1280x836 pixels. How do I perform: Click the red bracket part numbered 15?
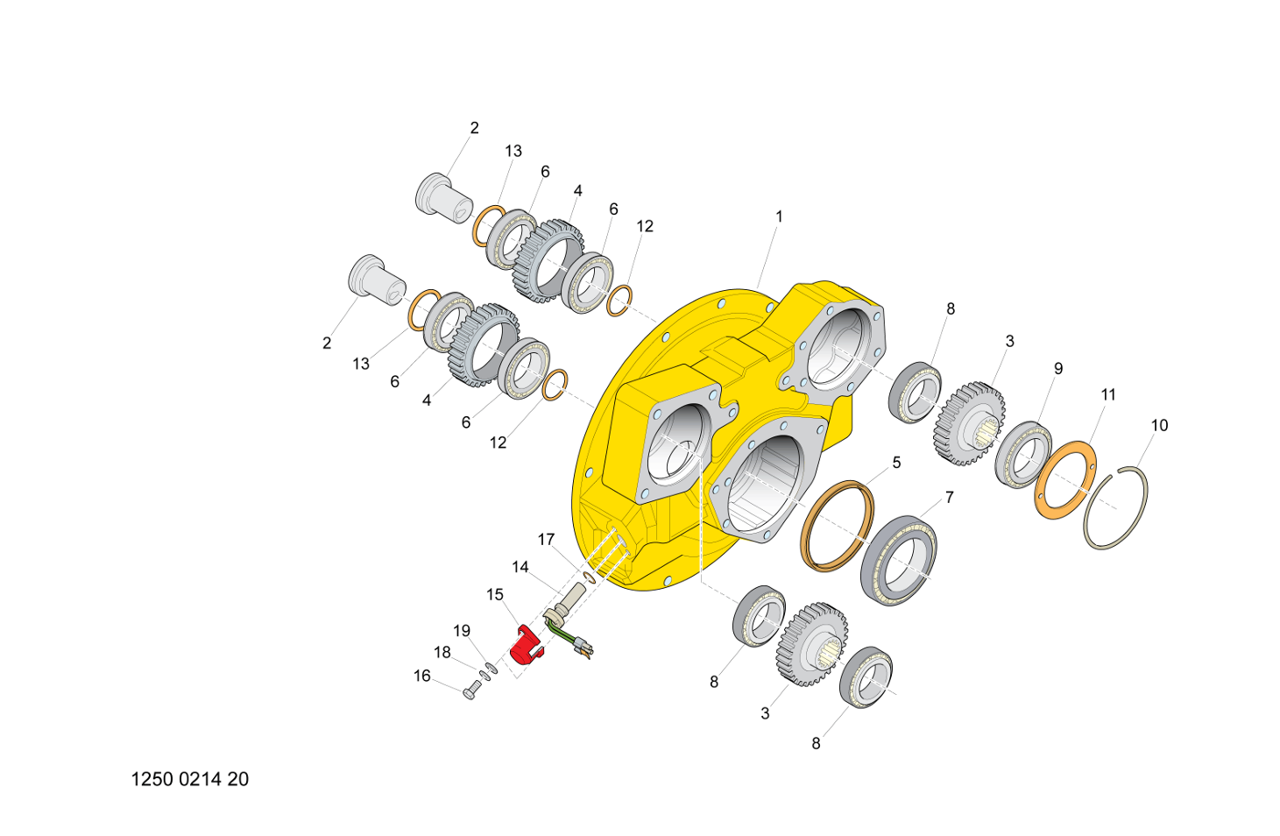[x=526, y=646]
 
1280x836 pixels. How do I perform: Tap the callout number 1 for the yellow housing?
[x=778, y=216]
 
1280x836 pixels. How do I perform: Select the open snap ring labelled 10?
[x=1115, y=507]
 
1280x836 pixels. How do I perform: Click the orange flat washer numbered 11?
[x=1065, y=480]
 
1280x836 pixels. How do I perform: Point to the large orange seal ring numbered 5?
[x=838, y=527]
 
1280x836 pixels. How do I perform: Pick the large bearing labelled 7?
[x=899, y=561]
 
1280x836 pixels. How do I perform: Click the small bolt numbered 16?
[x=470, y=692]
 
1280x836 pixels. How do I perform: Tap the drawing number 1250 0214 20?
[x=190, y=779]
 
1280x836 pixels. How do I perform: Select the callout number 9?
[x=1058, y=369]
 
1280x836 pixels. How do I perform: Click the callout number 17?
[x=547, y=540]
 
